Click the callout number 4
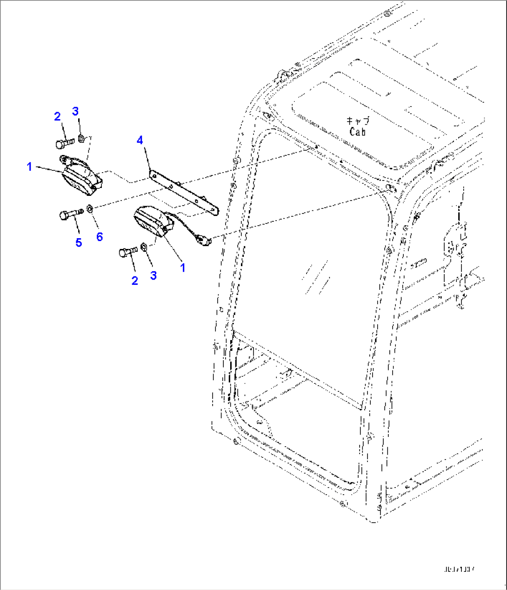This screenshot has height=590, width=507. point(140,140)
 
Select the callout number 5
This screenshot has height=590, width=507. point(79,242)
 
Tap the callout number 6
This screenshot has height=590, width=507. point(100,237)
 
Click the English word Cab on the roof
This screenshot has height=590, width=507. point(358,132)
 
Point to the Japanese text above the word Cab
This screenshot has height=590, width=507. point(358,121)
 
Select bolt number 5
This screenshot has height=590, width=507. point(70,215)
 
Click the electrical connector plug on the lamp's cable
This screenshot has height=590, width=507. point(203,240)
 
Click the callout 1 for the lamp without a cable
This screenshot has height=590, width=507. point(29,166)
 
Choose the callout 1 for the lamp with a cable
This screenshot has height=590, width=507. point(183,268)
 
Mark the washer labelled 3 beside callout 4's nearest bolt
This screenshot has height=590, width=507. point(80,138)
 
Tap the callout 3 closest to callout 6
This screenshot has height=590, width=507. point(153,275)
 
